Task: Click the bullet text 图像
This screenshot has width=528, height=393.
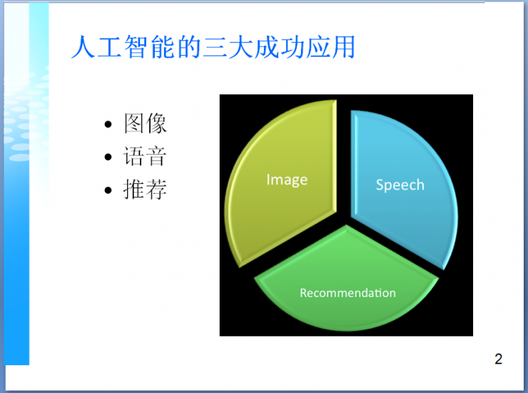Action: pyautogui.click(x=145, y=124)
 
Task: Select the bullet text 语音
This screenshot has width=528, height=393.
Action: pyautogui.click(x=145, y=157)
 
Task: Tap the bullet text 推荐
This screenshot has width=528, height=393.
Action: pyautogui.click(x=145, y=190)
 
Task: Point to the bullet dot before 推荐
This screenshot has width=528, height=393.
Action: pyautogui.click(x=108, y=191)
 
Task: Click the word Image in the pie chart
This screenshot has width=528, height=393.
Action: pyautogui.click(x=287, y=180)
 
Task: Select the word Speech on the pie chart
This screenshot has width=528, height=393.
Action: pyautogui.click(x=400, y=185)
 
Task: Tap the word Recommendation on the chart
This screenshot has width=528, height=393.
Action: pyautogui.click(x=347, y=293)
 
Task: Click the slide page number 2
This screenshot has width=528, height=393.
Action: pyautogui.click(x=498, y=359)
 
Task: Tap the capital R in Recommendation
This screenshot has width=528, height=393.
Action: pyautogui.click(x=303, y=293)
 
